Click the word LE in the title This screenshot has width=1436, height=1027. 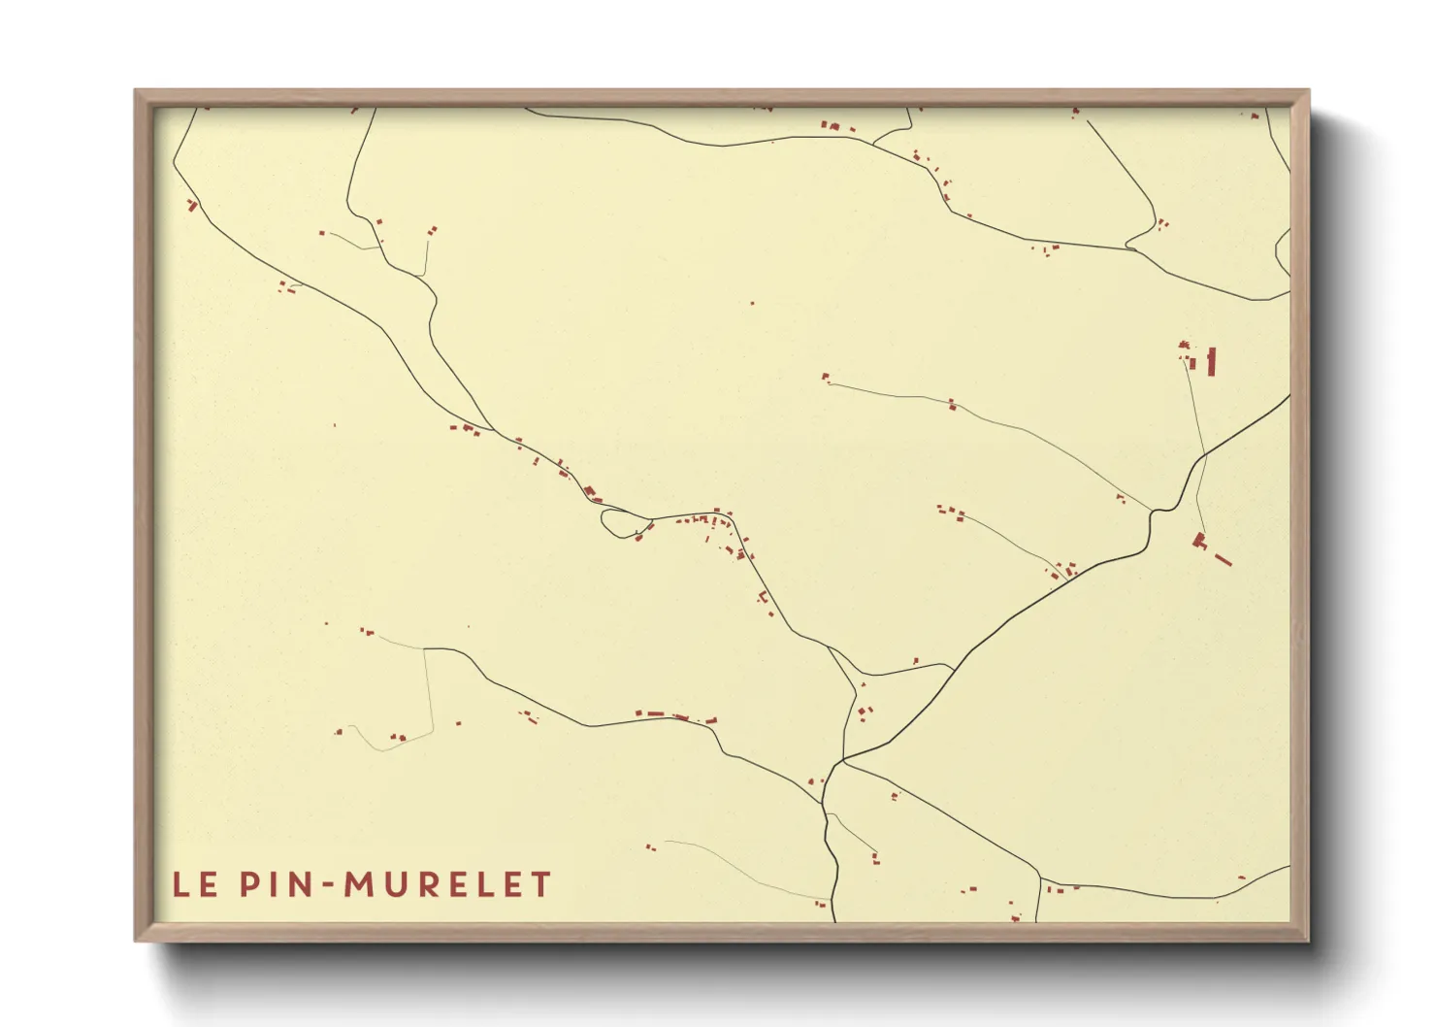(194, 884)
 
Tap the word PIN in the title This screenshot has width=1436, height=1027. (275, 884)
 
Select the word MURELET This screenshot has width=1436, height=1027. (448, 884)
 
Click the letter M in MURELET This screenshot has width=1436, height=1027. (360, 884)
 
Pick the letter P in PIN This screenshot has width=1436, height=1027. (248, 884)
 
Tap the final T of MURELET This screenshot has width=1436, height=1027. (541, 884)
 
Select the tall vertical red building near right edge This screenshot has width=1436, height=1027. (1211, 361)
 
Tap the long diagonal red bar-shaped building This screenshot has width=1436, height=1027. (1223, 559)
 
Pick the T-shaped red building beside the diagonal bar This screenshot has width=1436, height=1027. (1200, 541)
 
